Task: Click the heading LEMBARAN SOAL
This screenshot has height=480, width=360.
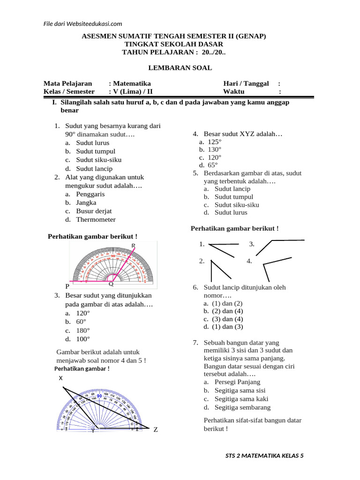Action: click(180, 68)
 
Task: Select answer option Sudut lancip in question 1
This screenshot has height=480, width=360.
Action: click(94, 168)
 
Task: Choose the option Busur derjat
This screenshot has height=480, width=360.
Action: click(94, 211)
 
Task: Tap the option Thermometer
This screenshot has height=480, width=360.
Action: click(96, 219)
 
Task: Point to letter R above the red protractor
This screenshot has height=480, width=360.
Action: click(134, 246)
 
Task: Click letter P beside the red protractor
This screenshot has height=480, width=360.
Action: click(67, 286)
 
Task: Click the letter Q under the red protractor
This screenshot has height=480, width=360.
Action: click(111, 284)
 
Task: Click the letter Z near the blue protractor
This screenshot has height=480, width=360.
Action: click(156, 429)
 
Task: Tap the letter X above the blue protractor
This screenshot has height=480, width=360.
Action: click(61, 378)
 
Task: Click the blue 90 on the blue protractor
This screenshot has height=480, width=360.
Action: click(99, 396)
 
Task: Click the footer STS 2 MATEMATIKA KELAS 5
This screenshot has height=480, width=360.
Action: click(264, 456)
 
